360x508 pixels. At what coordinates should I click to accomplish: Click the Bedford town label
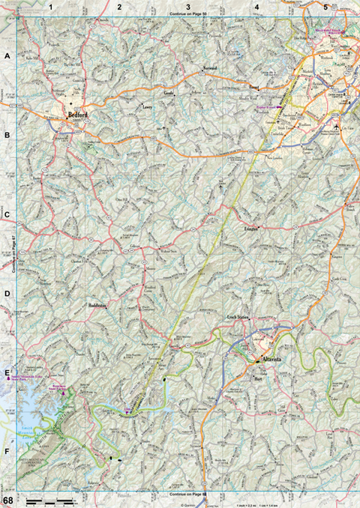78,115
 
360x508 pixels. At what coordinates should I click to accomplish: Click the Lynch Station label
238,318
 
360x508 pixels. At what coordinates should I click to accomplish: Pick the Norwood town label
209,67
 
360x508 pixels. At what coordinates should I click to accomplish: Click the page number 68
7,500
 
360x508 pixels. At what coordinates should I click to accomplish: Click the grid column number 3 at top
188,7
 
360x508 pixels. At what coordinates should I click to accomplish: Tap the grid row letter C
7,215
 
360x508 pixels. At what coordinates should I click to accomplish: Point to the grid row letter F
7,453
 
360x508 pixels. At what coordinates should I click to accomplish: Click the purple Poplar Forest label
268,106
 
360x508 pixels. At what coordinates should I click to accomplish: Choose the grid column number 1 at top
50,7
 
